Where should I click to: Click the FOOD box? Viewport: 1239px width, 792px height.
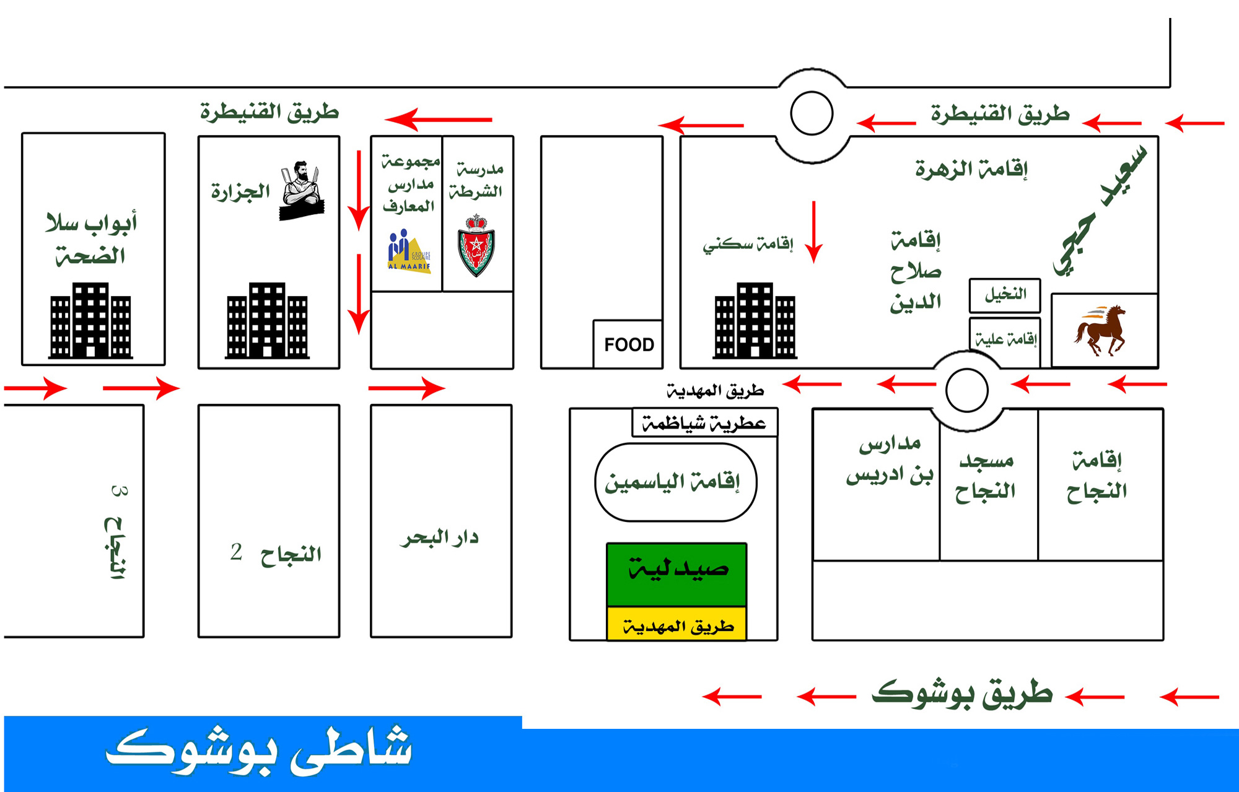(x=628, y=344)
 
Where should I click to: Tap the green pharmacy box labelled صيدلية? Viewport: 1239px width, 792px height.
(x=676, y=573)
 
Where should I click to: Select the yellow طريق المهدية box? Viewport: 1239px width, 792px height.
(x=676, y=624)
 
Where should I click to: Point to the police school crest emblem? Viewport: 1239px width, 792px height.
(x=476, y=246)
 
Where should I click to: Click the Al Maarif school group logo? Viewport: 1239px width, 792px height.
(x=408, y=251)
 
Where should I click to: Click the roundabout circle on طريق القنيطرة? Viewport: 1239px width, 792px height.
(x=812, y=113)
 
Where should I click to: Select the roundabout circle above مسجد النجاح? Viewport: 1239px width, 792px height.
(x=966, y=390)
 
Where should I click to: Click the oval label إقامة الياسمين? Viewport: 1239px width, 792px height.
(x=675, y=482)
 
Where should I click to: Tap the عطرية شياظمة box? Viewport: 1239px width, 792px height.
(x=704, y=424)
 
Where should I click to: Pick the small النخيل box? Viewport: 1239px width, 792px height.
(x=1004, y=295)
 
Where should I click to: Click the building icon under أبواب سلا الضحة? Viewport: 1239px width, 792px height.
(x=90, y=320)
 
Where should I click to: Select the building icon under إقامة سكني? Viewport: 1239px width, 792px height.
(x=755, y=320)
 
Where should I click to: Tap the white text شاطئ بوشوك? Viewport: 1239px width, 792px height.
(x=259, y=751)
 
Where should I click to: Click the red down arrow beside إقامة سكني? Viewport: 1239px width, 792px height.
(x=813, y=232)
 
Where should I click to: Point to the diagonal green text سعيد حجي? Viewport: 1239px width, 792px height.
(x=1100, y=211)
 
